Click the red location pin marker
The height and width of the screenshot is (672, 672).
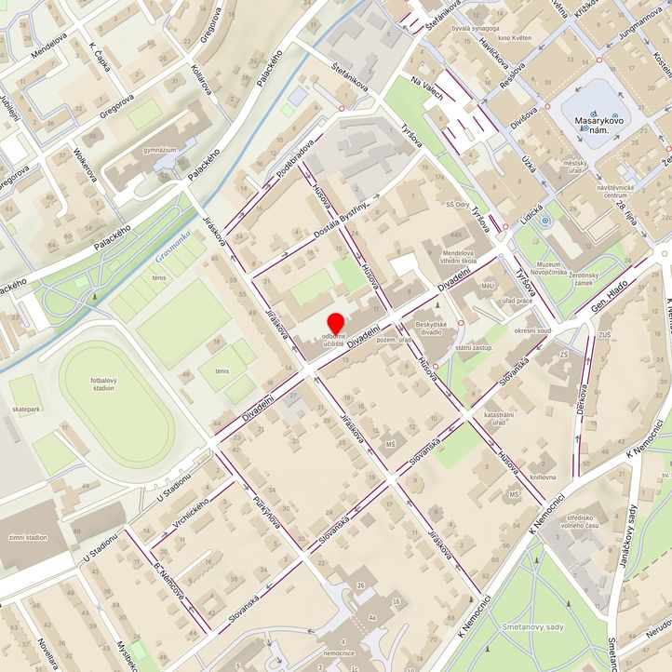coord(335,323)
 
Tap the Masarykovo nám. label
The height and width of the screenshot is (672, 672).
coord(598,128)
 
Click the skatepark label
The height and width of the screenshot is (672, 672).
coord(27,409)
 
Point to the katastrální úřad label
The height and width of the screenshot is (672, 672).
coord(499,418)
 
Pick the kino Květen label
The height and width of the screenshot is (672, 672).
coord(515,38)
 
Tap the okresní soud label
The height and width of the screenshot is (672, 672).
coord(532,330)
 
